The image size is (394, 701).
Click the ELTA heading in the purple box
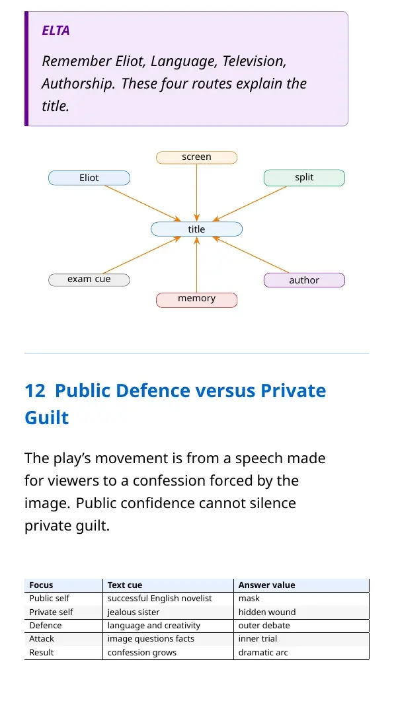(x=56, y=31)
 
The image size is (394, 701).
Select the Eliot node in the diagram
(x=89, y=178)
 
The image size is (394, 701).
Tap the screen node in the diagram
(x=196, y=157)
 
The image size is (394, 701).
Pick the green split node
(x=304, y=178)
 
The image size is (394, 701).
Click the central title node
(x=196, y=229)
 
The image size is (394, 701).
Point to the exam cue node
(x=89, y=280)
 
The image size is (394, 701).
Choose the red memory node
(x=196, y=300)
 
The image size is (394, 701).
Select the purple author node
(x=304, y=280)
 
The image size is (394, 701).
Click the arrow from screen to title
(x=196, y=193)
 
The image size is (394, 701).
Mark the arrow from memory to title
(x=196, y=265)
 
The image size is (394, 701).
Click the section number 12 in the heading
(x=35, y=390)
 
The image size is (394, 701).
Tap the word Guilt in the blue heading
(x=46, y=418)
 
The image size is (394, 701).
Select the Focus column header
(x=41, y=585)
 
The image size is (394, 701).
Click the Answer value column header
(x=266, y=585)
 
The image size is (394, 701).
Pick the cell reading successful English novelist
(x=160, y=599)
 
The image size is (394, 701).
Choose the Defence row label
(x=46, y=626)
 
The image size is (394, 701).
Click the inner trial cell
(x=258, y=639)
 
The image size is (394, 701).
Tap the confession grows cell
(x=142, y=653)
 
